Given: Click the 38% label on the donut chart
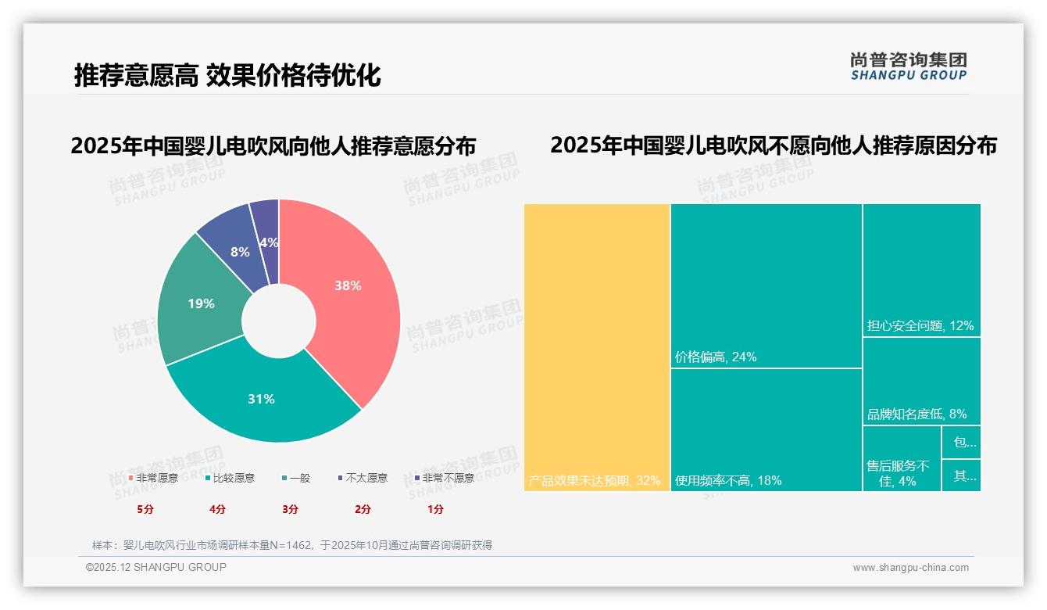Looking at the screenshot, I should [348, 286].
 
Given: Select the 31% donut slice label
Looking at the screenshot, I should [261, 399].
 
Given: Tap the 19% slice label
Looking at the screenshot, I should [201, 303].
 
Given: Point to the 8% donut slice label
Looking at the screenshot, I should [240, 252].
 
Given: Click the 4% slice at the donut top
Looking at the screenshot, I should [268, 242].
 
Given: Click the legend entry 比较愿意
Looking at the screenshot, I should [233, 478].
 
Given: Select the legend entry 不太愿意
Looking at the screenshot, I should [366, 478].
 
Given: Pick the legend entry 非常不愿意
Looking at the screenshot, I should [447, 478].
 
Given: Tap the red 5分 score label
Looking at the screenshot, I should [145, 509].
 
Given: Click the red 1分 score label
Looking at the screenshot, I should [435, 509].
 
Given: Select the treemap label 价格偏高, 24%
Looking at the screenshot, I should [716, 357].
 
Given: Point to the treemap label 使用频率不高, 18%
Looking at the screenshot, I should [728, 480].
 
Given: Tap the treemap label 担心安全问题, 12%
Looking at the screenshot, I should [920, 326].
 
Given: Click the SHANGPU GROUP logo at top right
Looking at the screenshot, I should [909, 66].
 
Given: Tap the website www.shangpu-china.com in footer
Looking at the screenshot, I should [910, 568].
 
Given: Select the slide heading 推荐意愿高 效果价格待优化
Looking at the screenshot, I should [227, 75].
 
